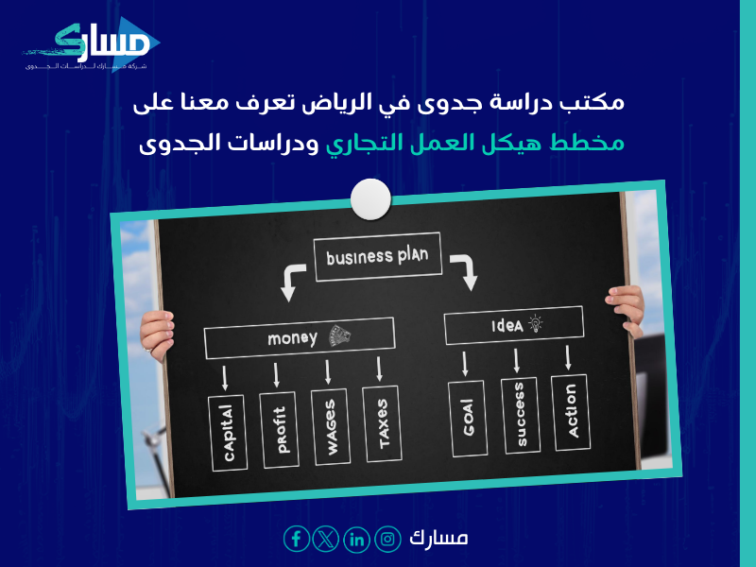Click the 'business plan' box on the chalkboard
(x=377, y=254)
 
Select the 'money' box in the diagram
(x=299, y=337)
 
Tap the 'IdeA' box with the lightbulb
(x=512, y=325)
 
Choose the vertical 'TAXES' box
(x=382, y=424)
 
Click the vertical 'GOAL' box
(x=467, y=417)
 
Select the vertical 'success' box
(x=520, y=415)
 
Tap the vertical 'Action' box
(x=570, y=411)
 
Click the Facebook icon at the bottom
(x=297, y=539)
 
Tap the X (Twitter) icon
(x=327, y=539)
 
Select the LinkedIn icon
(x=357, y=539)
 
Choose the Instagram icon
(x=387, y=539)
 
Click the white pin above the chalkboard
(x=369, y=199)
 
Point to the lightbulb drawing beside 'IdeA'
(x=536, y=323)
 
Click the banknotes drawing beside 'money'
(x=338, y=335)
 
